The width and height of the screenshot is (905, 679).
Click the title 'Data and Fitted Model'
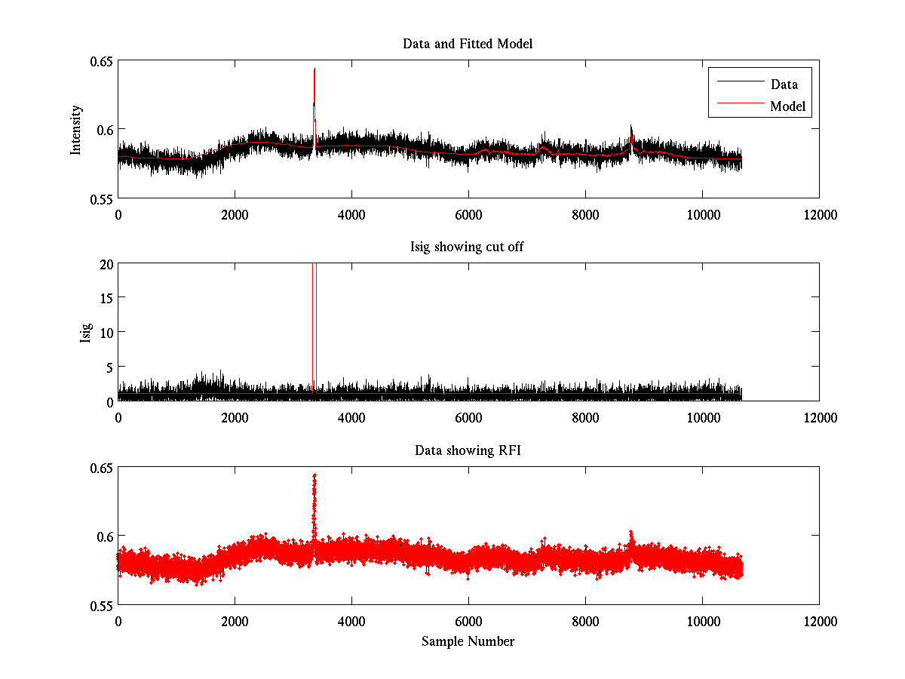click(468, 44)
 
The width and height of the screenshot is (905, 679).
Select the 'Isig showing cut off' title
click(468, 247)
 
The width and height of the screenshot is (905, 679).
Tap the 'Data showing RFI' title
click(468, 451)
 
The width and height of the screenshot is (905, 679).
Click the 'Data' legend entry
click(784, 84)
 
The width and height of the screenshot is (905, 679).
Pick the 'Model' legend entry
click(787, 106)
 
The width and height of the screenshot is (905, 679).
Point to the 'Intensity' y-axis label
click(75, 130)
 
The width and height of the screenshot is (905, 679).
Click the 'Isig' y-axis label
click(86, 333)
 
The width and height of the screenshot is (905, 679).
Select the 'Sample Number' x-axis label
click(468, 641)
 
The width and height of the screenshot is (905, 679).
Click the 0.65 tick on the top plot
click(101, 61)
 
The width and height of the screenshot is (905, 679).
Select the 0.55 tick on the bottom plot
click(101, 605)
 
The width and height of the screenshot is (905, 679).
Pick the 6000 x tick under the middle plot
click(468, 416)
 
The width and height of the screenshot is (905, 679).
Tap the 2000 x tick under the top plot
click(235, 214)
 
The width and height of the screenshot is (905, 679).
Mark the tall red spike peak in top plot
click(314, 69)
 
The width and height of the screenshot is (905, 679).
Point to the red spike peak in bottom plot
click(314, 476)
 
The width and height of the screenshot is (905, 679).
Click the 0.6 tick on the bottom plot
click(104, 536)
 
